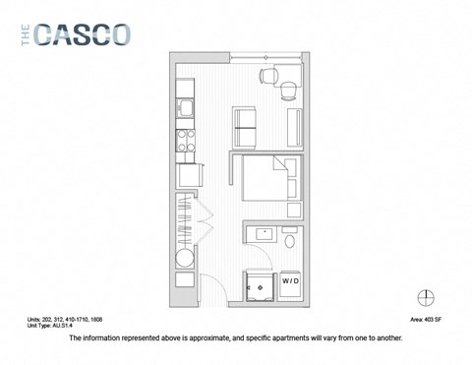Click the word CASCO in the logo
81,34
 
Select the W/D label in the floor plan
291,281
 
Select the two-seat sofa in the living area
246,126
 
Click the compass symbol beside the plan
426,296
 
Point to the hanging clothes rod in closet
184,218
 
